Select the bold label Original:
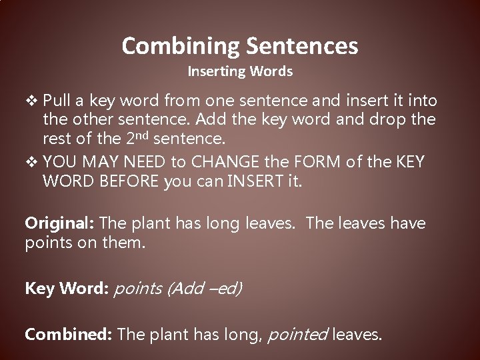(55, 223)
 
